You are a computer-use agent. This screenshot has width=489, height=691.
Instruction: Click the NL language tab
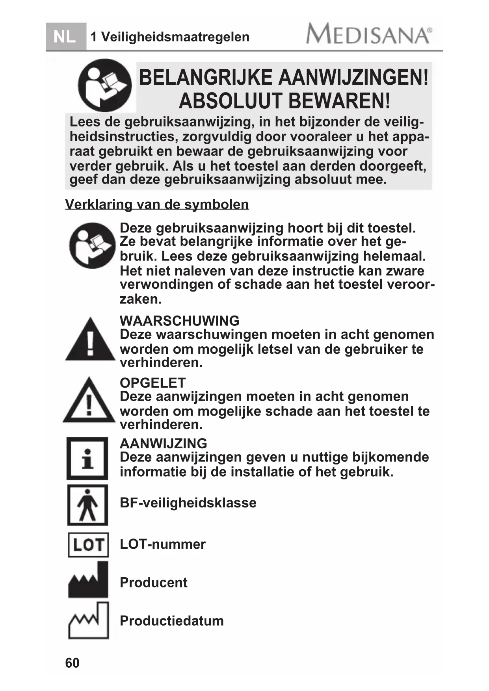(65, 37)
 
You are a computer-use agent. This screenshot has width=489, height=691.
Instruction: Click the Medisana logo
(368, 34)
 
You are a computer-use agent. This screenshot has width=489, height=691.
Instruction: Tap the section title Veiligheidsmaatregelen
(175, 37)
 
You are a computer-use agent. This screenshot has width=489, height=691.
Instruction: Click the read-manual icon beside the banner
(104, 85)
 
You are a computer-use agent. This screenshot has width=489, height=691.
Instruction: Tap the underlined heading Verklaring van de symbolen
(157, 204)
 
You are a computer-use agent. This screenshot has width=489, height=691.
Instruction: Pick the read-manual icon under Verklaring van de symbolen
(93, 245)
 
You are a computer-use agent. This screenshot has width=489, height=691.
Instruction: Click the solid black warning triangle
(90, 340)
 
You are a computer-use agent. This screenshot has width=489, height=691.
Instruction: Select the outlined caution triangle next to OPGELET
(89, 401)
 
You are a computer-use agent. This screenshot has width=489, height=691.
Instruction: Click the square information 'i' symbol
(87, 459)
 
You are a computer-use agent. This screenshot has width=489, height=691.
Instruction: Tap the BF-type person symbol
(87, 505)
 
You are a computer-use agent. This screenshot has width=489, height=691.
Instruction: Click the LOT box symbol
(88, 545)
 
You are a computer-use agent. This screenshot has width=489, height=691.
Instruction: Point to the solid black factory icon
(88, 581)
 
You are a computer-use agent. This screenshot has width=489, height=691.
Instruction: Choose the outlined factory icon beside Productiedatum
(88, 621)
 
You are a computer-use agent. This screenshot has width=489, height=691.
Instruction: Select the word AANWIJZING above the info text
(163, 443)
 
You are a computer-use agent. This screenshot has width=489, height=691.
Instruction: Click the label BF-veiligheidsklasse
(188, 503)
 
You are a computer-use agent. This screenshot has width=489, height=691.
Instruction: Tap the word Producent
(153, 582)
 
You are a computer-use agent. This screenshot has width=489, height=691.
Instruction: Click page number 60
(72, 663)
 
